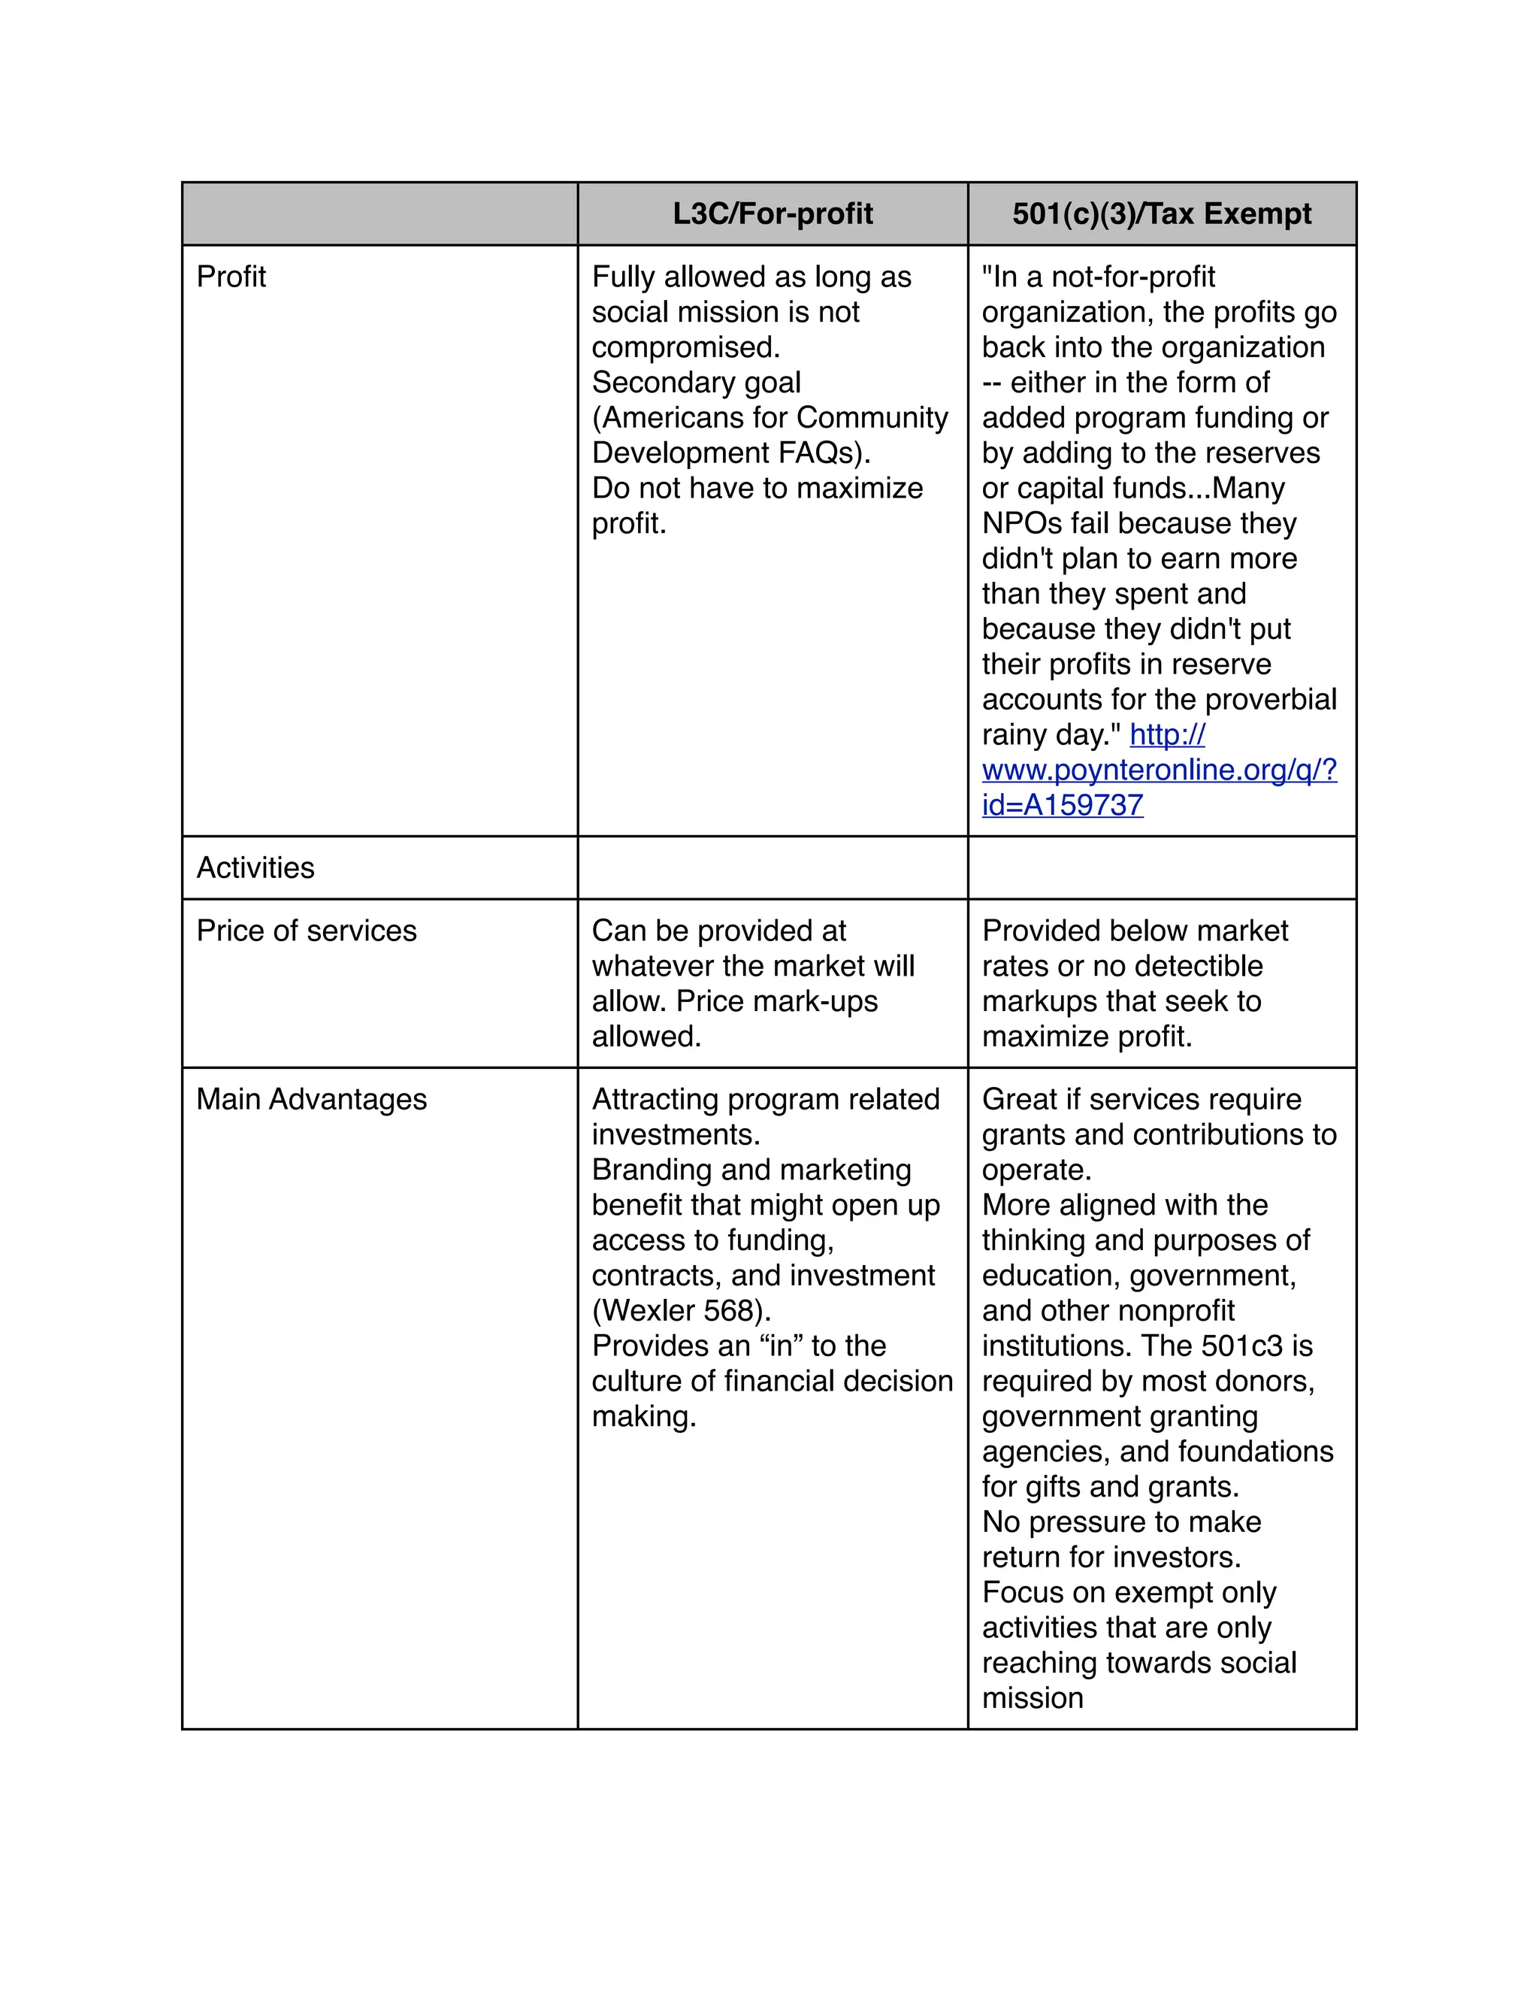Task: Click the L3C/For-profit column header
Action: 773,213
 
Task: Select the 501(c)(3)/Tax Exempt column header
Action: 1162,213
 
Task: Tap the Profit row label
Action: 231,277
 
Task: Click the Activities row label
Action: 255,867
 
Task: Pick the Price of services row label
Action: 307,931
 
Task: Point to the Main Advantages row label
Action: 311,1099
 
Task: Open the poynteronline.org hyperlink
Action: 1159,770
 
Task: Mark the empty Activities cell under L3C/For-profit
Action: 773,867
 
